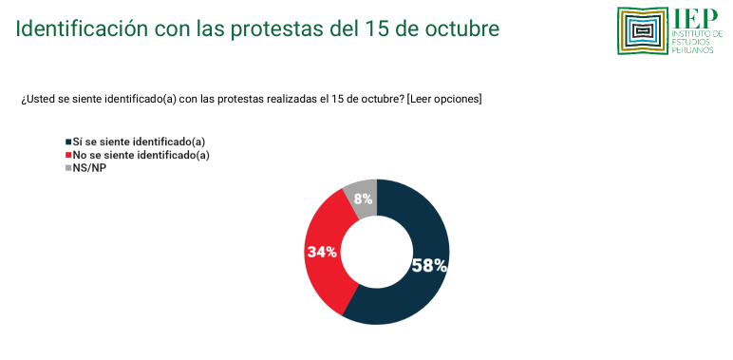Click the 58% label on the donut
point(428,265)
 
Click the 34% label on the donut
point(322,253)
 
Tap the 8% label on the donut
point(362,199)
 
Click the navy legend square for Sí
point(67,142)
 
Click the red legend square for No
point(67,155)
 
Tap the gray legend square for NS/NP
point(67,168)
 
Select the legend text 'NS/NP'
point(88,168)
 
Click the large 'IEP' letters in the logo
point(690,19)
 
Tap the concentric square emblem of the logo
point(643,31)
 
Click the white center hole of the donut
point(377,252)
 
